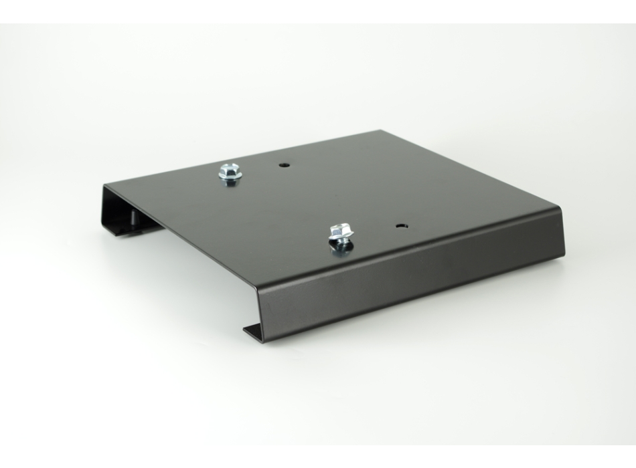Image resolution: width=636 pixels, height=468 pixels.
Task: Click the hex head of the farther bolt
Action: [230, 169]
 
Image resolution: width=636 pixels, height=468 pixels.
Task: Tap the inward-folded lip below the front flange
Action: [251, 330]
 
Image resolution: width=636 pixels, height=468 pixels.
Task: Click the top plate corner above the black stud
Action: [106, 185]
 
